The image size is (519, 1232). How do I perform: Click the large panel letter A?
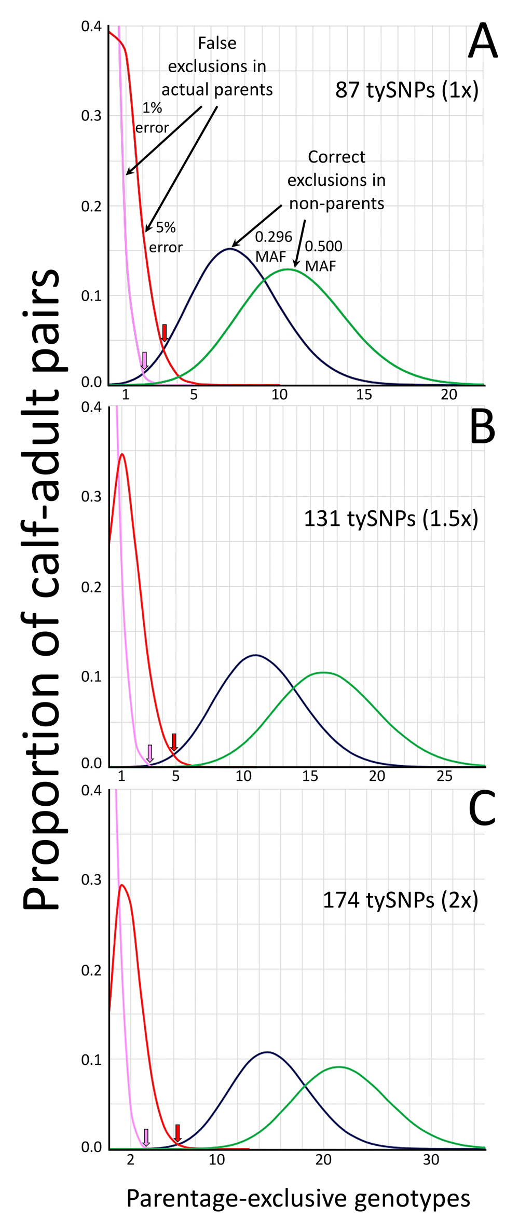point(482,42)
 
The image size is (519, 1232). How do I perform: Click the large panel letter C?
point(482,810)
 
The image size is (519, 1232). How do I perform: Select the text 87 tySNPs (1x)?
point(407,90)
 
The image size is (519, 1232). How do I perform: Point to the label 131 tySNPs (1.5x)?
point(391,518)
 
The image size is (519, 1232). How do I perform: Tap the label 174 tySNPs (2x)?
point(400,900)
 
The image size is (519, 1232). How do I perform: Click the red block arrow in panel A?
point(165,333)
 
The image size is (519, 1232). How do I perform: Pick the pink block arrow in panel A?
point(145,360)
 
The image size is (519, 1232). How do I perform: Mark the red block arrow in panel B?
point(174,742)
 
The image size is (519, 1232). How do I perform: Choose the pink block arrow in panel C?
point(146,1137)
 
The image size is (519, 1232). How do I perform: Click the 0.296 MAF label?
point(272,246)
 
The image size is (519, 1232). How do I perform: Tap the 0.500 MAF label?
point(323,256)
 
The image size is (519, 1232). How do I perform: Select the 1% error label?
point(152,118)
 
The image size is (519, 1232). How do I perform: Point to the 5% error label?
point(166,237)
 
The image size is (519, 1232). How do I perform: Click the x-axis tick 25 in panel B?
point(444,776)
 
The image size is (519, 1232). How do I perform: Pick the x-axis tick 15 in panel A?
point(364,395)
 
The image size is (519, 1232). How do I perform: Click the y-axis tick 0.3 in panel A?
point(91,116)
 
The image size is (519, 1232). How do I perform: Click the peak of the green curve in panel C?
point(338,1067)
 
